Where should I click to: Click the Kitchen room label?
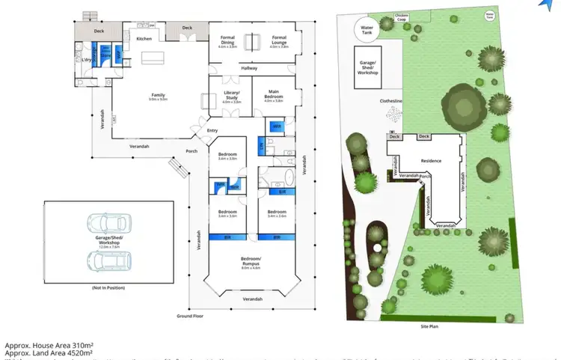[x=144, y=38]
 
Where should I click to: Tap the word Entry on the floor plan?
[x=212, y=131]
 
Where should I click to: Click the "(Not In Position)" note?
[x=109, y=287]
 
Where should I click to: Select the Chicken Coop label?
[x=401, y=16]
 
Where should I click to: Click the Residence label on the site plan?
[x=431, y=161]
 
